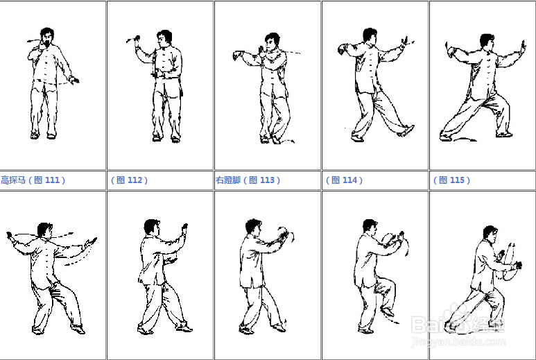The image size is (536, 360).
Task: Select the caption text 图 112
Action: coord(129,180)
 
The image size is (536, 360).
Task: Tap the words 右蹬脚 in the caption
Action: coord(228,180)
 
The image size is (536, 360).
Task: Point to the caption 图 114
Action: coord(344,180)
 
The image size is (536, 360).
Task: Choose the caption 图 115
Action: coord(451,180)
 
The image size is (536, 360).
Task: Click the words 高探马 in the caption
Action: coord(13,180)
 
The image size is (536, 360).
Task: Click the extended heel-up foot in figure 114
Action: coord(406,131)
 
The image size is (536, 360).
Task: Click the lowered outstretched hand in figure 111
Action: coord(74,80)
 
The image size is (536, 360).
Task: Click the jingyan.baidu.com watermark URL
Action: coord(458,341)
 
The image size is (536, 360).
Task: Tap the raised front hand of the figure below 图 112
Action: coord(185,229)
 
